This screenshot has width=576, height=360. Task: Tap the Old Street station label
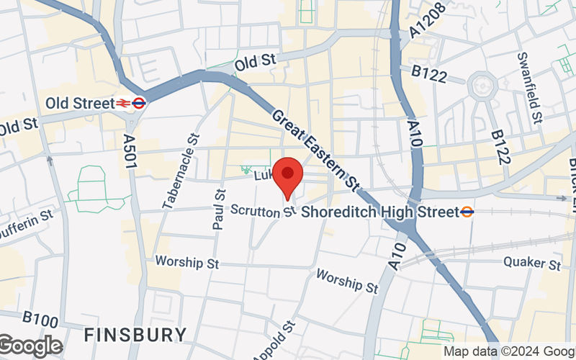pos(79,104)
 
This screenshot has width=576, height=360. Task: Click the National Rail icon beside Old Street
pos(124,104)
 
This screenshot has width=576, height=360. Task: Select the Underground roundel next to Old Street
pos(140,104)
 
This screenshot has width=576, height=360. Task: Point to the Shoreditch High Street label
pos(379,212)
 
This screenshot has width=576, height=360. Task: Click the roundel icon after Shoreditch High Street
pos(467,212)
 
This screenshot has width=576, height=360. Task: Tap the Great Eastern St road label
pos(325,150)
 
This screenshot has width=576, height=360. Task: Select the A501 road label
pos(130,153)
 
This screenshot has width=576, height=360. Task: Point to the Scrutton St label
pos(264,210)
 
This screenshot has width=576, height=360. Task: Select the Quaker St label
pos(532,264)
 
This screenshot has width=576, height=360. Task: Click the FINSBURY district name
pos(135,335)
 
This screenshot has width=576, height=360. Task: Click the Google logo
pos(30,346)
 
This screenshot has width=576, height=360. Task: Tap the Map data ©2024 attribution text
pos(509,351)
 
